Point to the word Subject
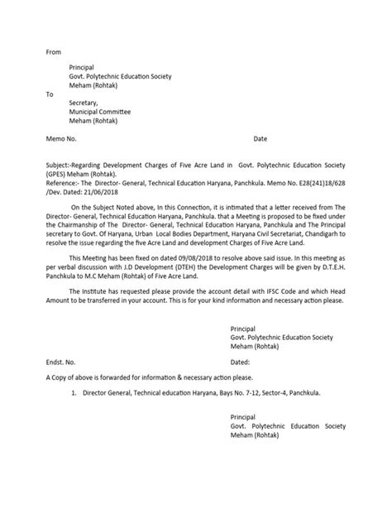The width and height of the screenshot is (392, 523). coord(59,167)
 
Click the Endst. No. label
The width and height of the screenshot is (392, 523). coord(61,362)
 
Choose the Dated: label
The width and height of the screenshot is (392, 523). coord(241,362)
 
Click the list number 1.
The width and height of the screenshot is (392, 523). coord(74,394)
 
